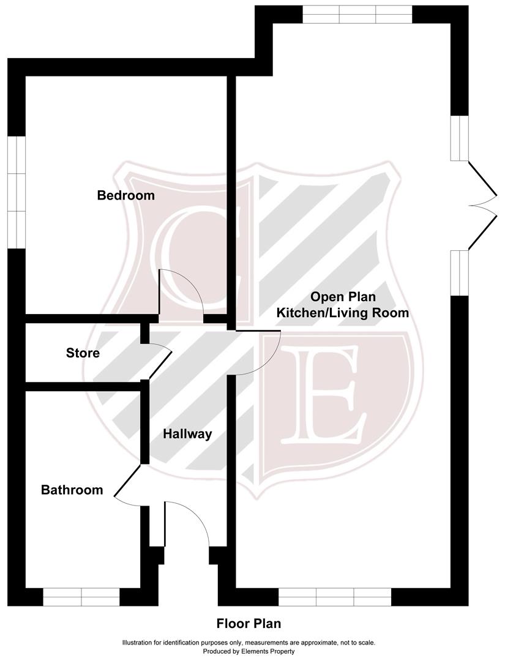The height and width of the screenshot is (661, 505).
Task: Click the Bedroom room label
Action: point(126,196)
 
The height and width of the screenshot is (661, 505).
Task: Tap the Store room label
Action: point(83,353)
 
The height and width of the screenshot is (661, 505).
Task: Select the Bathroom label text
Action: point(72,490)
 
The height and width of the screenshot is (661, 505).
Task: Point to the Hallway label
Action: point(187,435)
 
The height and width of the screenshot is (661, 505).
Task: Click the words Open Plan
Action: point(343,297)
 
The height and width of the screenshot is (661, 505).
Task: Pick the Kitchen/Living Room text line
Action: point(343,313)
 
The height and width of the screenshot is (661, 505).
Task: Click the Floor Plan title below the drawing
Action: point(249,624)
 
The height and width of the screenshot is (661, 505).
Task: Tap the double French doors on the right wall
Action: point(482,206)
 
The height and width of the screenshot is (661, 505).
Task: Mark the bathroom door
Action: point(129,484)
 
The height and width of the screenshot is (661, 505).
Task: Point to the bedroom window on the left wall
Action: point(16,192)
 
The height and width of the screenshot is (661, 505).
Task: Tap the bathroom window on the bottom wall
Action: point(81,597)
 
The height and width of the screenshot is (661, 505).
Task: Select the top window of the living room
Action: point(357,14)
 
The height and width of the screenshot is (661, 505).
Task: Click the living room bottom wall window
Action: point(335,597)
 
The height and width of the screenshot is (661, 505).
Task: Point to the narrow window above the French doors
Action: point(459,138)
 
